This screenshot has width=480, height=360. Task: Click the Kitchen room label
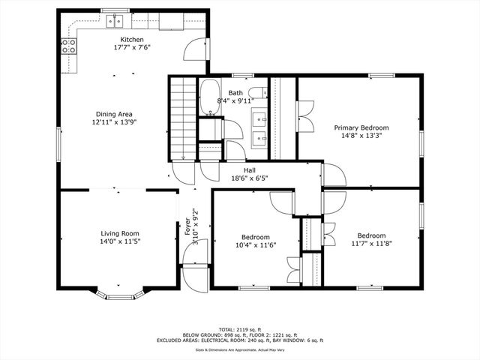pyautogui.click(x=132, y=40)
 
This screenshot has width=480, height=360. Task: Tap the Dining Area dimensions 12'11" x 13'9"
pyautogui.click(x=114, y=121)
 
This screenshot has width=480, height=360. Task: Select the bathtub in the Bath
pyautogui.click(x=208, y=97)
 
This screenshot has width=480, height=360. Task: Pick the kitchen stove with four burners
pyautogui.click(x=69, y=47)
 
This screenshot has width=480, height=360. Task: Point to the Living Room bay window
pyautogui.click(x=117, y=293)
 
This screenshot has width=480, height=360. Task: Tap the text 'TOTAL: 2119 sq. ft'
pyautogui.click(x=241, y=329)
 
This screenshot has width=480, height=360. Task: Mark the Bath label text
pyautogui.click(x=235, y=92)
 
